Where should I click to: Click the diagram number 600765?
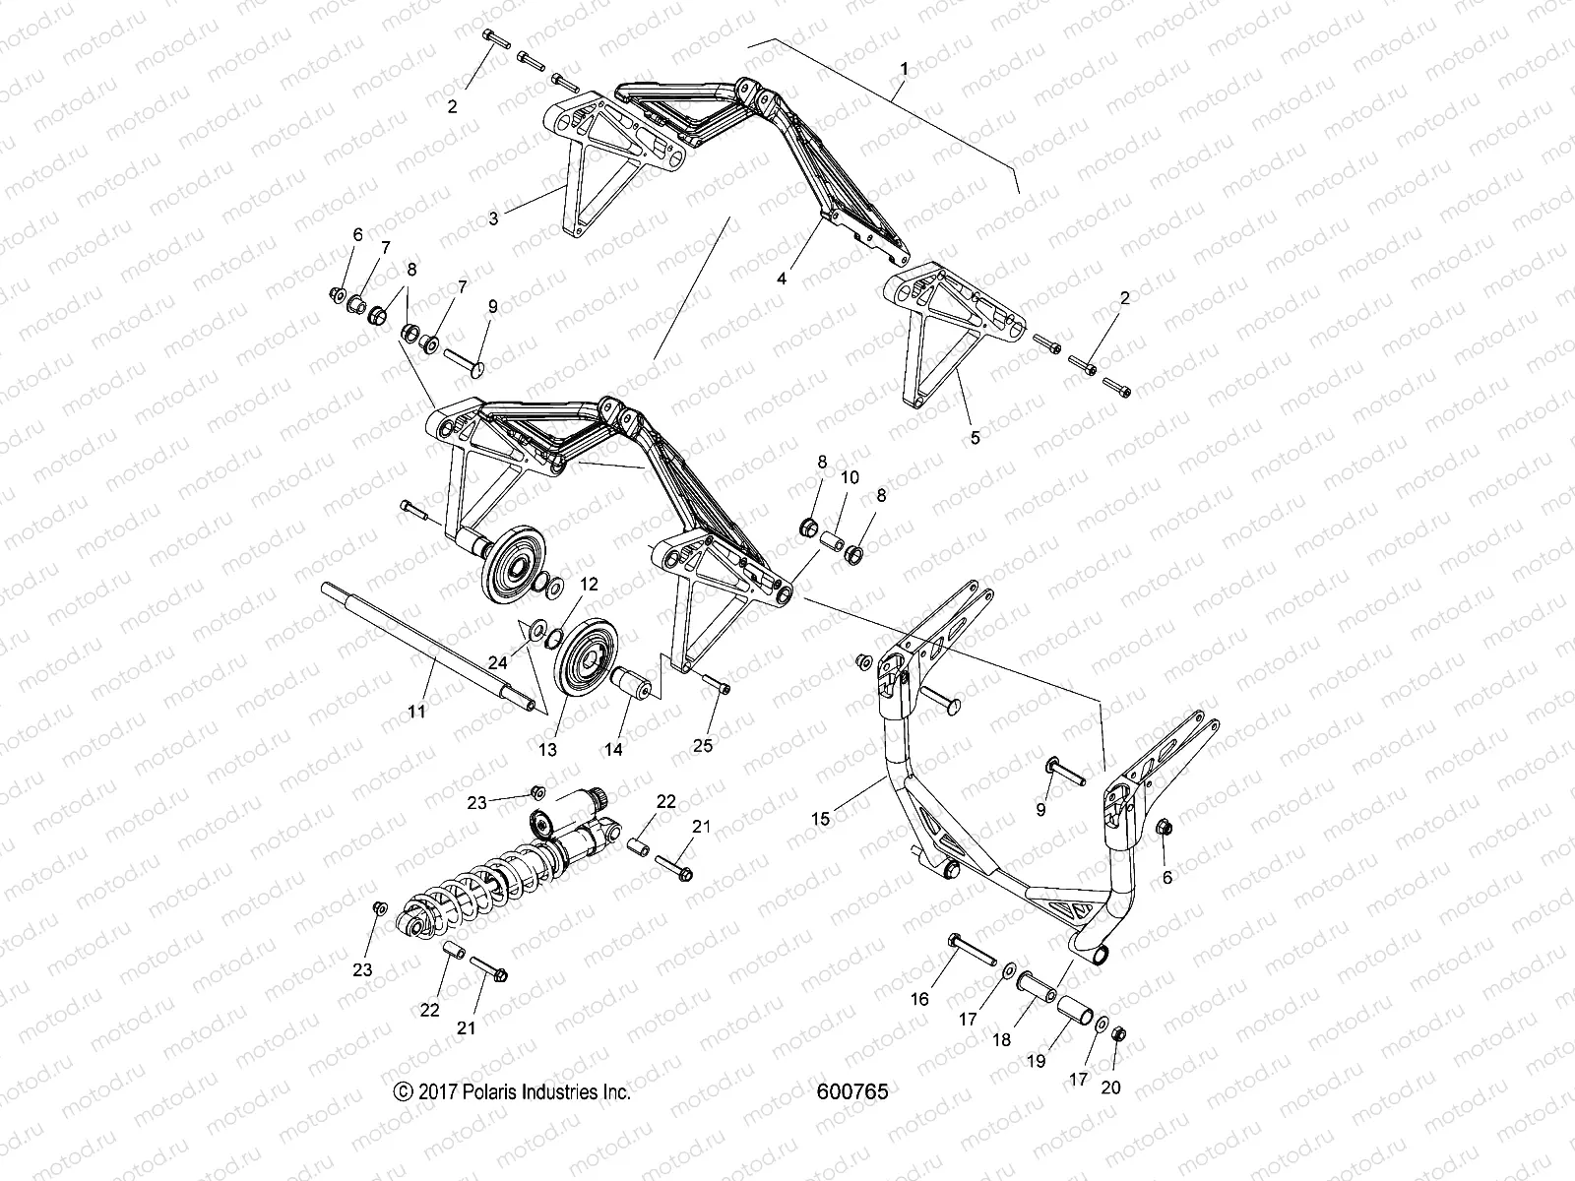tap(852, 1091)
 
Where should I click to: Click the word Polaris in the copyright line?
tap(500, 1091)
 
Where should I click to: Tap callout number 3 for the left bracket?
tap(522, 218)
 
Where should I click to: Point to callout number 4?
tap(782, 279)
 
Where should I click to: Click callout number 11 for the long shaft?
tap(416, 711)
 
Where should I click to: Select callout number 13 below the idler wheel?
tap(547, 749)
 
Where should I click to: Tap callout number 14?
tap(613, 749)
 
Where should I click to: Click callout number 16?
tap(920, 999)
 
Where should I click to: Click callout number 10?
tap(850, 477)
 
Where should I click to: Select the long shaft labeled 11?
tap(430, 646)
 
